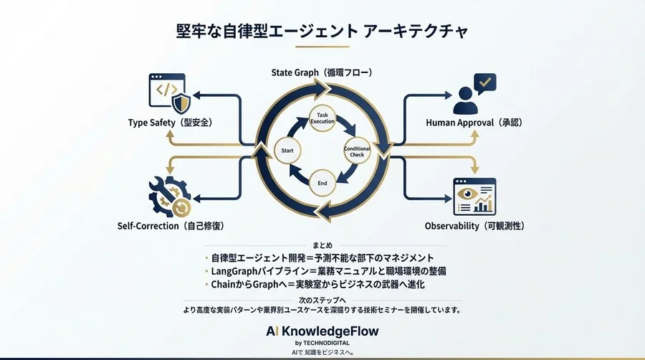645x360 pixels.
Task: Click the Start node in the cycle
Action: [287, 151]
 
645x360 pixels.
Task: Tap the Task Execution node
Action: [322, 118]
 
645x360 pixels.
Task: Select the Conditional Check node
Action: [357, 151]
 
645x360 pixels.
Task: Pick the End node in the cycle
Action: [322, 184]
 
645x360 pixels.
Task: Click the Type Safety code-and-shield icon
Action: [169, 91]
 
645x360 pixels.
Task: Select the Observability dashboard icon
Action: [475, 195]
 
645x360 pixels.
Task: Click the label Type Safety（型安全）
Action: [170, 123]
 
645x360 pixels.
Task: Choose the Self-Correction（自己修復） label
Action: [171, 226]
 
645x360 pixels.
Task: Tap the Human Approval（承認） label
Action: [474, 123]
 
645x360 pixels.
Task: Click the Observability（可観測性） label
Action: [475, 226]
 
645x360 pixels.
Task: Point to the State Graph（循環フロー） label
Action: [322, 72]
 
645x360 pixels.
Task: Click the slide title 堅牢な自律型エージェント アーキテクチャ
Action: [322, 32]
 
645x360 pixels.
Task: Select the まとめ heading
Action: [322, 245]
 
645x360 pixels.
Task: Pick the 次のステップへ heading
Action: [322, 300]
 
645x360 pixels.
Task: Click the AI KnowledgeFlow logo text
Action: [322, 331]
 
